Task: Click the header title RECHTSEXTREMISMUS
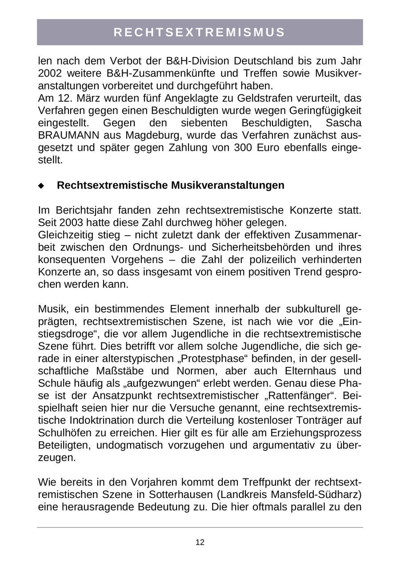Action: tap(200, 32)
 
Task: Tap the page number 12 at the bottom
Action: tap(200, 542)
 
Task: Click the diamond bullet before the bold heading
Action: tap(41, 185)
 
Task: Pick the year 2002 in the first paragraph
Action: tap(50, 73)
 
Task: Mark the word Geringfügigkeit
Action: tap(324, 110)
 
